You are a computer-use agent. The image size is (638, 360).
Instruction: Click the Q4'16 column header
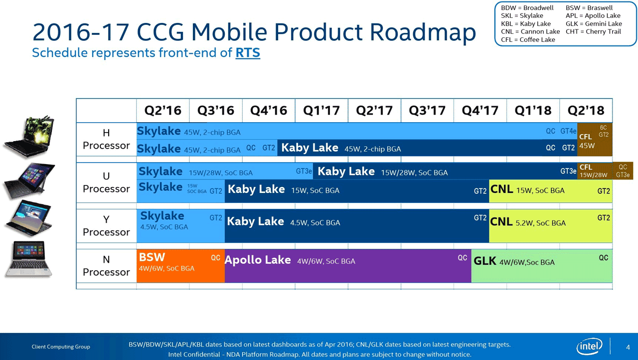click(x=269, y=110)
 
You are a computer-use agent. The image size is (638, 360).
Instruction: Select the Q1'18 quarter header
click(x=533, y=110)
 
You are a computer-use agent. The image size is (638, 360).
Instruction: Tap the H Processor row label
click(x=106, y=139)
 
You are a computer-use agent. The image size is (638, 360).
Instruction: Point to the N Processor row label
click(x=106, y=266)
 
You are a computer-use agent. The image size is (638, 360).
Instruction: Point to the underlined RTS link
click(x=248, y=52)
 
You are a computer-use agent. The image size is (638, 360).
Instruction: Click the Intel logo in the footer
click(x=590, y=346)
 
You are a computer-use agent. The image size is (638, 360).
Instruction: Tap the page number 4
click(x=628, y=347)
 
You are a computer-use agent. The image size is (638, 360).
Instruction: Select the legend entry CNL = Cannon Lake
click(x=530, y=31)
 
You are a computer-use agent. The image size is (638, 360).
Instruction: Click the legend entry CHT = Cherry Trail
click(x=593, y=31)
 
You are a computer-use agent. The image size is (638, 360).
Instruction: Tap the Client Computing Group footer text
click(x=61, y=347)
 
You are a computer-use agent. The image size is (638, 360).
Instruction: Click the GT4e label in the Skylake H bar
click(x=568, y=132)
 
